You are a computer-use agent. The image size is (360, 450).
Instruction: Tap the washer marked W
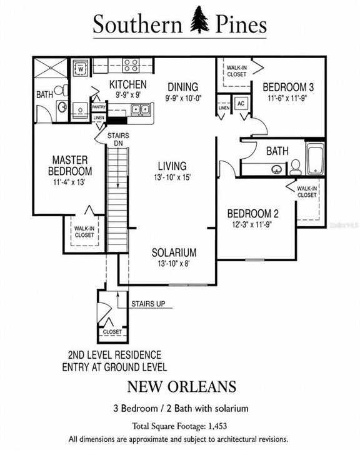coord(81,68)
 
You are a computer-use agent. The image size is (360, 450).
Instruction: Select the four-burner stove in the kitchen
coord(131,66)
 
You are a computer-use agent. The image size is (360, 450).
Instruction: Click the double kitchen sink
coord(141,109)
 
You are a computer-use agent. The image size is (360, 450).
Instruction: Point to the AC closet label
coord(241,103)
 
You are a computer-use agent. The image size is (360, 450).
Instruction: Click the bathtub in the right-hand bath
coord(315,158)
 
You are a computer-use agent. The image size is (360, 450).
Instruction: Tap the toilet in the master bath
coord(61,90)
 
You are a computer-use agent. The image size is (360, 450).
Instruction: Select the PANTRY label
coord(99,107)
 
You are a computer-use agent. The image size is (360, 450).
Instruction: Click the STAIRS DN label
coord(118,139)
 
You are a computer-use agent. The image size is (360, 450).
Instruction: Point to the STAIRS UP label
coord(148,304)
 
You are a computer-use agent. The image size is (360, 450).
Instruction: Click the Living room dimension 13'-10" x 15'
coord(172,177)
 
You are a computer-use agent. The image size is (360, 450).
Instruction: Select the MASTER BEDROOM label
coord(70,165)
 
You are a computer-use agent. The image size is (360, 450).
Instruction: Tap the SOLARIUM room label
coord(174,252)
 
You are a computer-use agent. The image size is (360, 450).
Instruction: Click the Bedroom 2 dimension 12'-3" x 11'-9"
coord(252,224)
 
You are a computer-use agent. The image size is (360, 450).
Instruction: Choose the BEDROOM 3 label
coord(288,87)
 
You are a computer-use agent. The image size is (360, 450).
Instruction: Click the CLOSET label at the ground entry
coord(112,332)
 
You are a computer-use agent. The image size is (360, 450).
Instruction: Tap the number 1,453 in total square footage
coord(217,426)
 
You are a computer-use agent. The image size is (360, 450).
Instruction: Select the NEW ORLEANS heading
coord(182,386)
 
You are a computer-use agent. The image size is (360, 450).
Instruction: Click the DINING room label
coord(183,87)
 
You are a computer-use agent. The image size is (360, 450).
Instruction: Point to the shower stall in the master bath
coord(51,67)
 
